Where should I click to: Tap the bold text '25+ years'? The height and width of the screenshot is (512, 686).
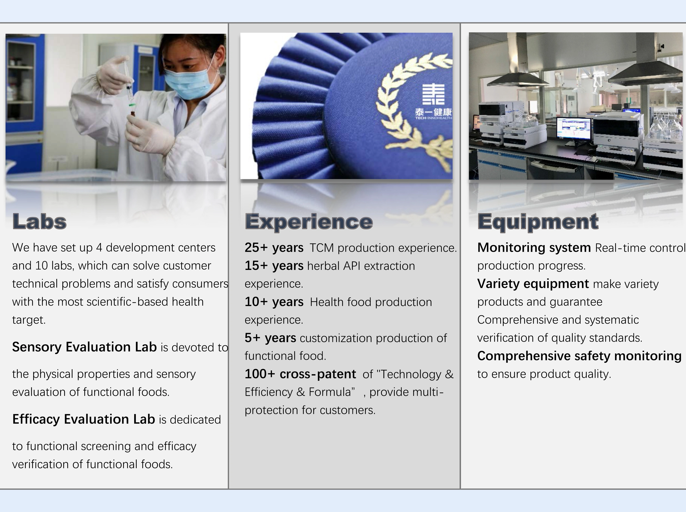click(274, 248)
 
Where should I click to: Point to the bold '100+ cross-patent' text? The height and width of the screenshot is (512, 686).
click(300, 374)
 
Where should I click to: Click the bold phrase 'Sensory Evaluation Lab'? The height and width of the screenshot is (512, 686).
click(84, 347)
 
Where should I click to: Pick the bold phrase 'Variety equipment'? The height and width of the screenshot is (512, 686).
click(533, 284)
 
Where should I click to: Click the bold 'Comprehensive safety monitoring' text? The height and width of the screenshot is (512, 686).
click(579, 356)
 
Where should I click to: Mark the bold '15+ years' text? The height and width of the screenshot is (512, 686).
click(274, 266)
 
